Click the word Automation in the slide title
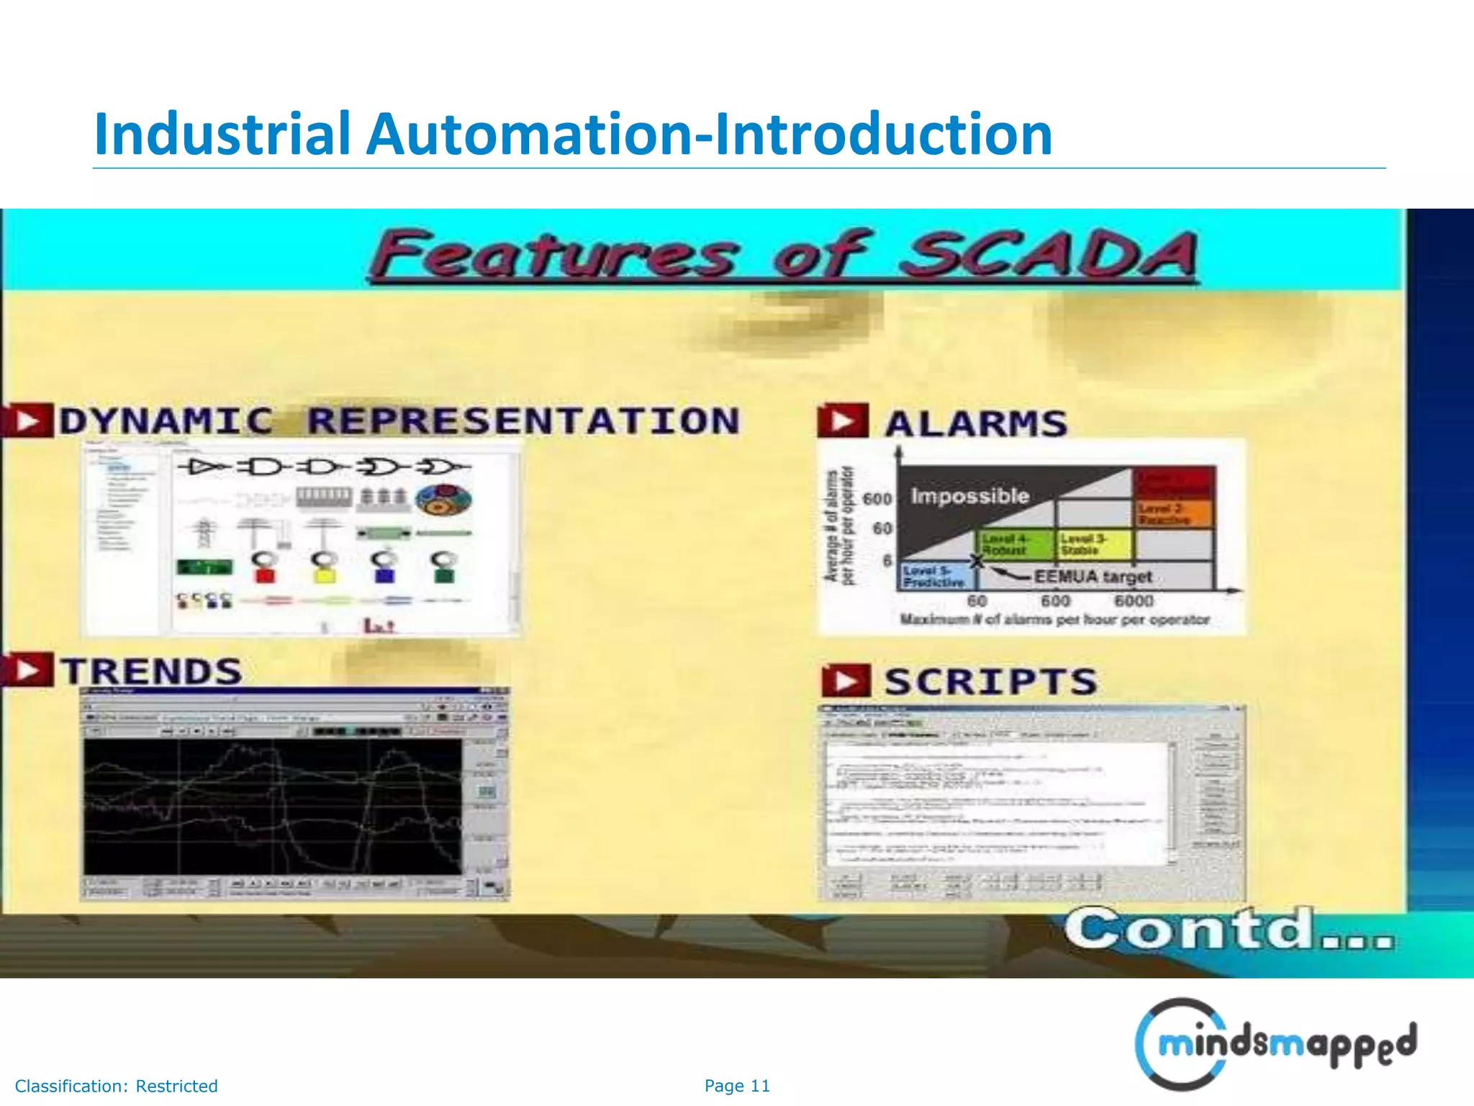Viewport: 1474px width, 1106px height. [529, 135]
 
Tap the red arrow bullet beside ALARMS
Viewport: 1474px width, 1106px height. [843, 421]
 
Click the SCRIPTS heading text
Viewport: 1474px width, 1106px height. [990, 682]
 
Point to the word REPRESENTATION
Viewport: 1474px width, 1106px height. [523, 421]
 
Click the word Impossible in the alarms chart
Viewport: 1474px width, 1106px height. [969, 496]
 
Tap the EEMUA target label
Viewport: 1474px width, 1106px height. [1092, 577]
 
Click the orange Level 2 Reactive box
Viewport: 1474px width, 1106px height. [1173, 514]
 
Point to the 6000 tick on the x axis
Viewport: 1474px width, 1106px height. [1134, 601]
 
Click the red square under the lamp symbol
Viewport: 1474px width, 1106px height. [265, 575]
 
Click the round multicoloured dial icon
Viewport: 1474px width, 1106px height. [444, 500]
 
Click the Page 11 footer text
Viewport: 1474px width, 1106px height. [737, 1086]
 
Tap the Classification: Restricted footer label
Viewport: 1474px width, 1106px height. [117, 1086]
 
